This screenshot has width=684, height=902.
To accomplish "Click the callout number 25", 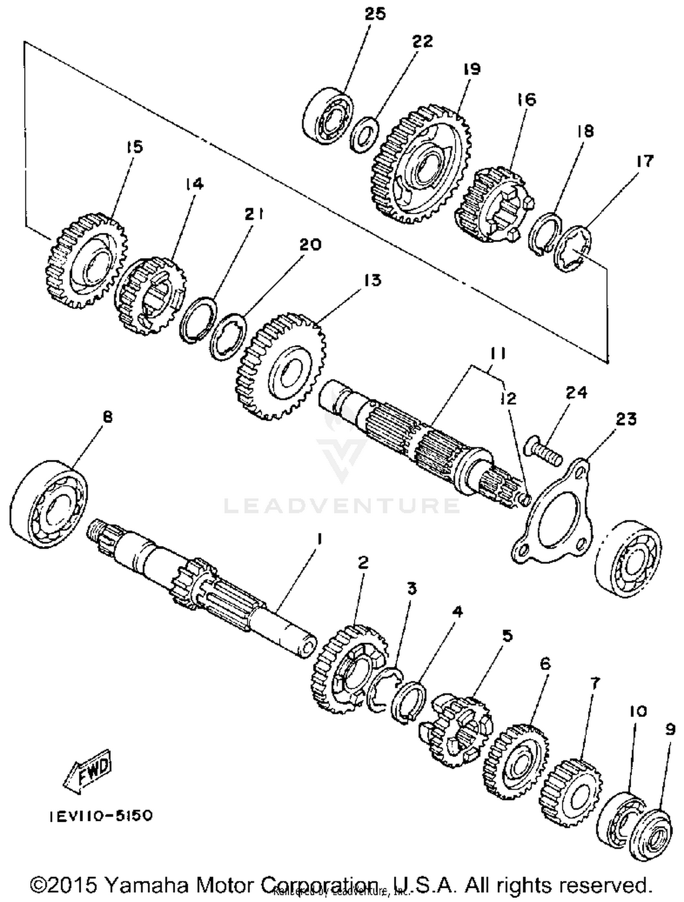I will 375,14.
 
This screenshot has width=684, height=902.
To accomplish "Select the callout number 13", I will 373,280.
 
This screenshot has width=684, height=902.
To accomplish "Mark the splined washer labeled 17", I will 572,249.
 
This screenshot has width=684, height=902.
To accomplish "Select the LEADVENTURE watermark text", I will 342,505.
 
